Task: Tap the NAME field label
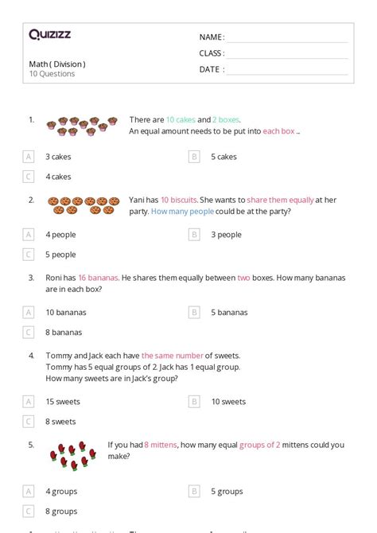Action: pyautogui.click(x=211, y=37)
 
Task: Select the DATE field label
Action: pyautogui.click(x=211, y=69)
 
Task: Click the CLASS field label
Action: pyautogui.click(x=212, y=53)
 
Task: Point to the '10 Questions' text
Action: pyautogui.click(x=52, y=74)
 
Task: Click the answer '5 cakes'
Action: pyautogui.click(x=223, y=157)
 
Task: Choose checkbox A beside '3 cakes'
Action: pyautogui.click(x=29, y=157)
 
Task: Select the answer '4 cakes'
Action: pyautogui.click(x=58, y=177)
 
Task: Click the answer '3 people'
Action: pyautogui.click(x=226, y=235)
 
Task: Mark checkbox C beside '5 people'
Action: pyautogui.click(x=29, y=255)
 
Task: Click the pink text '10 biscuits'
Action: pyautogui.click(x=175, y=200)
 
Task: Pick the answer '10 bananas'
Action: pyautogui.click(x=66, y=313)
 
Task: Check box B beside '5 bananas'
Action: pyautogui.click(x=194, y=313)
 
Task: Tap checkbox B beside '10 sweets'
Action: pyautogui.click(x=194, y=402)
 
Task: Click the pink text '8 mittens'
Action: pyautogui.click(x=161, y=445)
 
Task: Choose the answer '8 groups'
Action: pyautogui.click(x=61, y=512)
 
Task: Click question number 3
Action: pyautogui.click(x=31, y=278)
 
